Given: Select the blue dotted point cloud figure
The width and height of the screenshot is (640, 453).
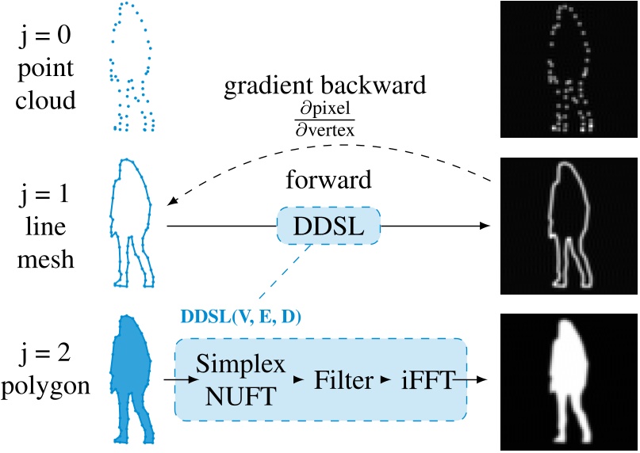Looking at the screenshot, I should [132, 67].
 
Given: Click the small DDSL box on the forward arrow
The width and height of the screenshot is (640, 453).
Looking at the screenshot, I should [328, 226].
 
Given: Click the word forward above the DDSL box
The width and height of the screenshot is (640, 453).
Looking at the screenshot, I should [328, 180].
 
